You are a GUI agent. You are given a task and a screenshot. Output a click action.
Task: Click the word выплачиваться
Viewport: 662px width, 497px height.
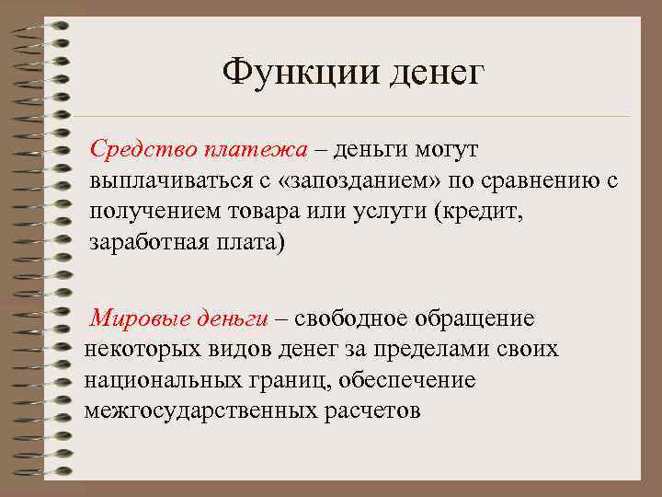pyautogui.click(x=165, y=180)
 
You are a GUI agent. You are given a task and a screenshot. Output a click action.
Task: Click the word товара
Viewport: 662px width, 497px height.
pyautogui.click(x=266, y=212)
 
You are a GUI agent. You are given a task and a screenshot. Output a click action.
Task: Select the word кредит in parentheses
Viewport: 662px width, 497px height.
pyautogui.click(x=484, y=212)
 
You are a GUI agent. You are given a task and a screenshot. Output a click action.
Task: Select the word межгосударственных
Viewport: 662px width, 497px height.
pyautogui.click(x=200, y=410)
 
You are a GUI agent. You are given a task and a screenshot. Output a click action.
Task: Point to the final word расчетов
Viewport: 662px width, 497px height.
pyautogui.click(x=371, y=410)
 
